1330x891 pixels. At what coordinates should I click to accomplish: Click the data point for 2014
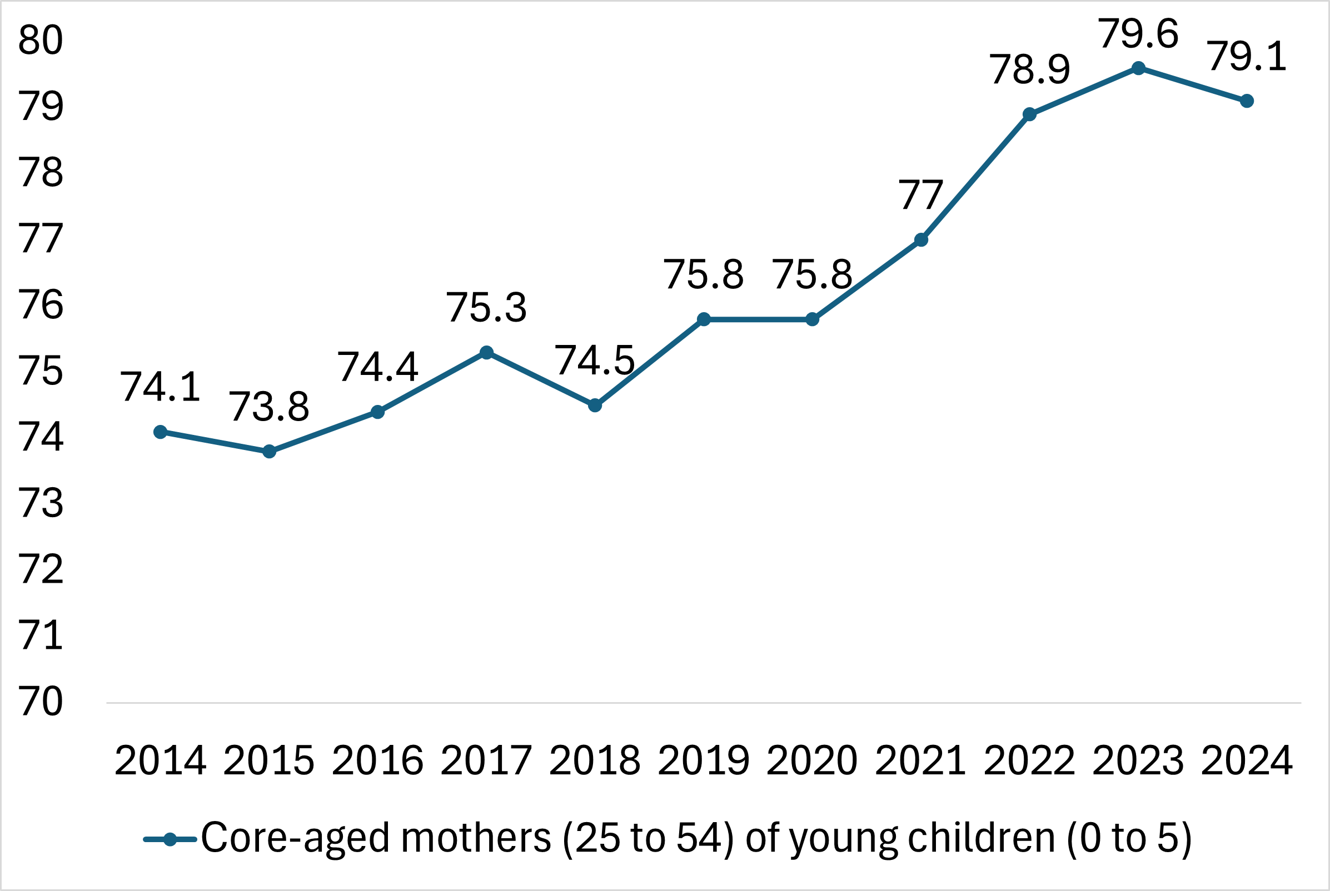tap(160, 432)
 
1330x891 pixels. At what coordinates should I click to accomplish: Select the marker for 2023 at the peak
tap(1138, 68)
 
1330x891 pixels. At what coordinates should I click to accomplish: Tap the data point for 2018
tap(595, 405)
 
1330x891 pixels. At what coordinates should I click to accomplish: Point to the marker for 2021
tap(921, 240)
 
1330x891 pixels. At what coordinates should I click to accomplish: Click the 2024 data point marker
tap(1247, 101)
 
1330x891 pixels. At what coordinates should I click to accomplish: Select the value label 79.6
tap(1138, 34)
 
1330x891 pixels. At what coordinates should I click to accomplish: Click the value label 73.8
tap(269, 407)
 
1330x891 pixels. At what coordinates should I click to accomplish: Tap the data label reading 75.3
tap(486, 308)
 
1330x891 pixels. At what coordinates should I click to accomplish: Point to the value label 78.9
tap(1030, 71)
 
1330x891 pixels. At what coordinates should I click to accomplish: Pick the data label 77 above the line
tap(921, 196)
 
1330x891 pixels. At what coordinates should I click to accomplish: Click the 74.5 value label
tap(595, 361)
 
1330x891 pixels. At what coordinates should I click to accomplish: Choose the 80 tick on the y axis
tap(41, 41)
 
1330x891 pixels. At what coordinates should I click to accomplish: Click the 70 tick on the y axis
tap(41, 701)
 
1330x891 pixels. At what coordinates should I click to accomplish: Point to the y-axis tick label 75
tap(41, 371)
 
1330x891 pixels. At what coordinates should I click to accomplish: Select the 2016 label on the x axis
tap(378, 760)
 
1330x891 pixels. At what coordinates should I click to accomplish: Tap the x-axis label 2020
tap(812, 760)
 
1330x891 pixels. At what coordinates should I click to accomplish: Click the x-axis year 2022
tap(1030, 760)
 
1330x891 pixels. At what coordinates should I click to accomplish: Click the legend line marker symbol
tap(170, 839)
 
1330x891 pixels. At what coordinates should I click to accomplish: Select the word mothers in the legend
tap(476, 838)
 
